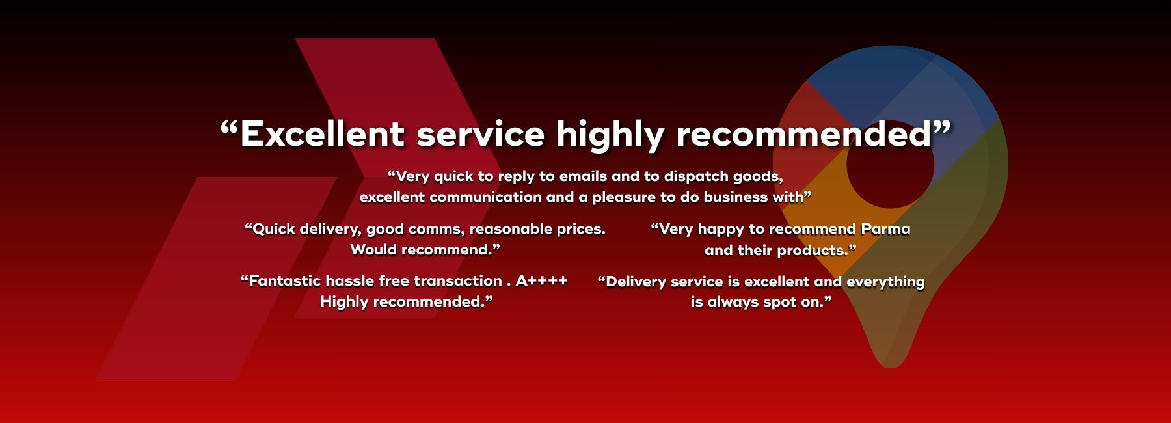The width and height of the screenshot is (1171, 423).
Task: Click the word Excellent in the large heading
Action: click(x=323, y=134)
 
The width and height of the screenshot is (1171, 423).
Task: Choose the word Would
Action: click(x=373, y=250)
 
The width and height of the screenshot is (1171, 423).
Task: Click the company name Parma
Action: click(x=885, y=229)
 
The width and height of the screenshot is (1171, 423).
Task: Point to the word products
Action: click(x=814, y=251)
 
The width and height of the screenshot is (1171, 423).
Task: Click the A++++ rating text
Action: click(x=542, y=281)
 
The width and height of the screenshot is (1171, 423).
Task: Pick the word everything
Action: click(x=885, y=282)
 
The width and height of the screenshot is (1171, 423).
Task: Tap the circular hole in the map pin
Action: click(x=890, y=164)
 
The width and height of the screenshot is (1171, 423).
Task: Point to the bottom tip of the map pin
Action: click(x=890, y=367)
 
